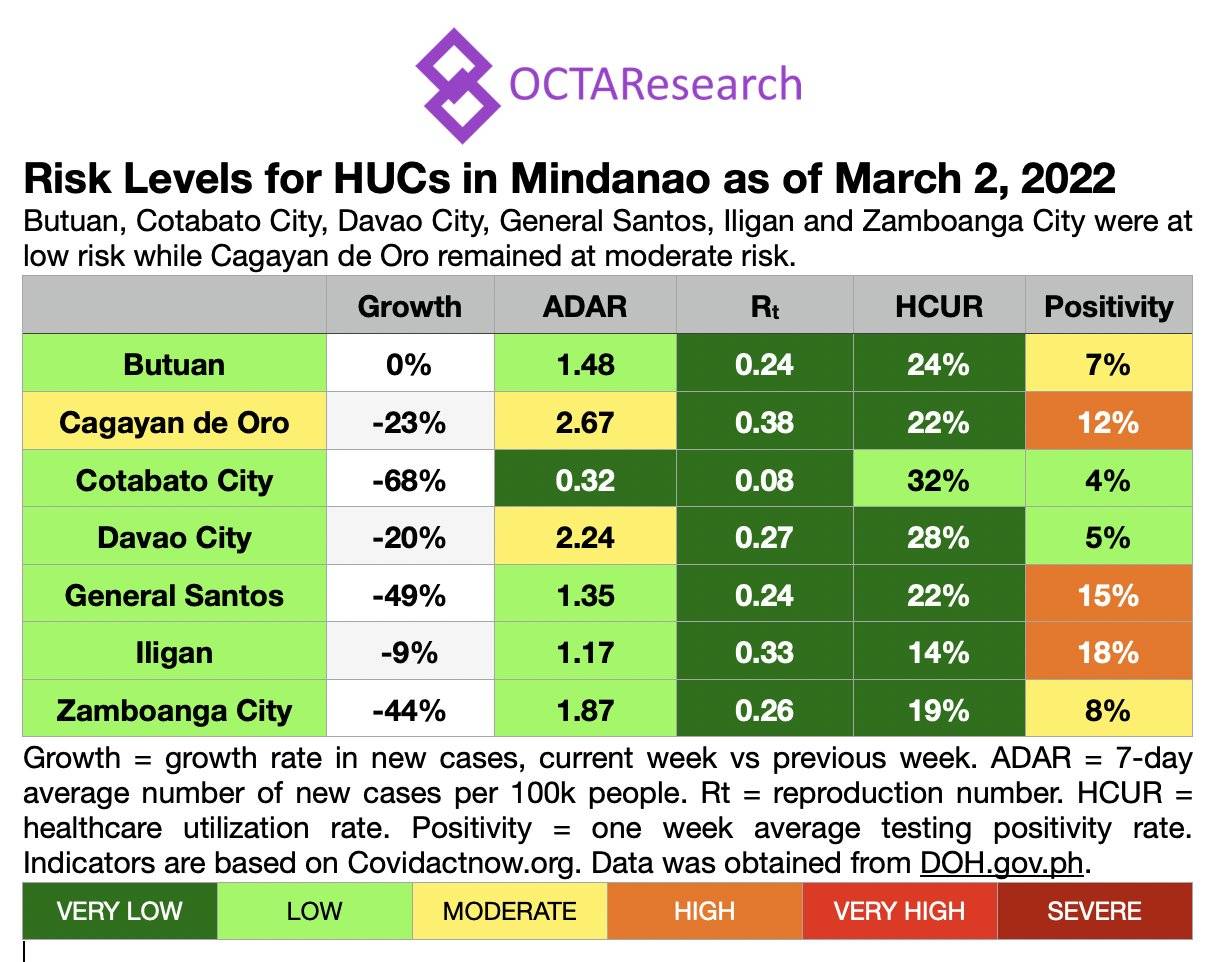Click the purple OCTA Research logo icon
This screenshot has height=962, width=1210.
coord(457,84)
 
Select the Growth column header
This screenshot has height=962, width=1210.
coord(410,306)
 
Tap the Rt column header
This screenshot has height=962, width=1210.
coord(765,306)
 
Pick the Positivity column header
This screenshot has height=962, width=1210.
coord(1108,306)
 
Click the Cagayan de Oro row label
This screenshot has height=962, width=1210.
coord(174,422)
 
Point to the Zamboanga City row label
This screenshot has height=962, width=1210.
coord(174,711)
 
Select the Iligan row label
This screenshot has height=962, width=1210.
coord(174,653)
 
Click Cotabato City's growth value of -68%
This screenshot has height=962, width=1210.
coord(410,480)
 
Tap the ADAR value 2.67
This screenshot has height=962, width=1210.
coord(585,422)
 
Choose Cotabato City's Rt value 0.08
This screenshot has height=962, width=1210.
coord(765,480)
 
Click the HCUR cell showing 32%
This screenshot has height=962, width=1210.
coord(938,480)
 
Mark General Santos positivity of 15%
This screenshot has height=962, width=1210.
coord(1108,596)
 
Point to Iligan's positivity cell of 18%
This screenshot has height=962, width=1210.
coord(1108,653)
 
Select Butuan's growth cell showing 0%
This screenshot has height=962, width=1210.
coord(410,364)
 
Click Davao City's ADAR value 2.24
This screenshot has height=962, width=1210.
coord(585,538)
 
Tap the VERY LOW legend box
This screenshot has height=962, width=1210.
coord(120,911)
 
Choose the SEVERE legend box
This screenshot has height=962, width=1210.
coord(1094,911)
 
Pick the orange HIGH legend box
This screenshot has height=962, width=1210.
coord(704,911)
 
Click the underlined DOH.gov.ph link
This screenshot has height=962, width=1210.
coord(1001,863)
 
